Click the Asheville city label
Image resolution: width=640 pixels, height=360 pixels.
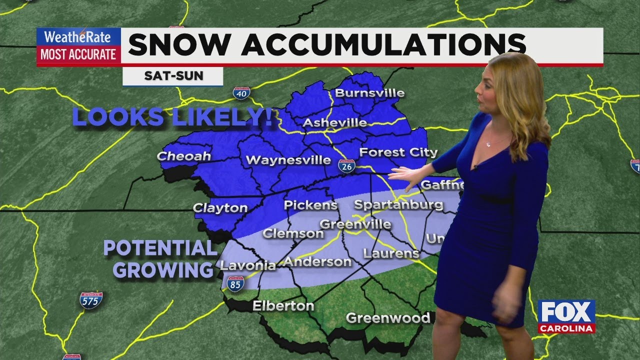click(x=335, y=123)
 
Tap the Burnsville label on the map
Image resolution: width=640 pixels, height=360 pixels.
click(x=369, y=93)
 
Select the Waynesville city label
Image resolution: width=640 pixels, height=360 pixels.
click(x=288, y=160)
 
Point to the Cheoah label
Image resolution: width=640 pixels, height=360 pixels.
click(x=184, y=156)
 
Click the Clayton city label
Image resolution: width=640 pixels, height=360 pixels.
click(x=220, y=208)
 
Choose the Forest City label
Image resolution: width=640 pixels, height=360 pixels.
click(x=398, y=152)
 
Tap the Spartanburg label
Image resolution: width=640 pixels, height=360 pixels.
click(x=398, y=204)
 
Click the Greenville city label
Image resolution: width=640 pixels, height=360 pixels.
click(x=355, y=224)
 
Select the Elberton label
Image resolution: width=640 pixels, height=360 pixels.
click(x=283, y=306)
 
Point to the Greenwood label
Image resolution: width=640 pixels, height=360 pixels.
click(x=388, y=318)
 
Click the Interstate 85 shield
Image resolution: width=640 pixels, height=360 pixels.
click(x=235, y=283)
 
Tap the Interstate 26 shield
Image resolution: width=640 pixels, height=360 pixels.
click(x=346, y=166)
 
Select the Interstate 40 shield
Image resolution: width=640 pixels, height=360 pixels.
click(x=241, y=92)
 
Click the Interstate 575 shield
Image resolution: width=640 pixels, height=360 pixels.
click(x=91, y=300)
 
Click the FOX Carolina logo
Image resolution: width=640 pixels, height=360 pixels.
click(x=566, y=316)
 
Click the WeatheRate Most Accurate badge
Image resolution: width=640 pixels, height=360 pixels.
click(x=78, y=46)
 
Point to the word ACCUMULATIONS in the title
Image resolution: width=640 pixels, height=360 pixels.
click(x=383, y=45)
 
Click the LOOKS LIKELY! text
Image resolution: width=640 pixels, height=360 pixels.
click(x=173, y=117)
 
